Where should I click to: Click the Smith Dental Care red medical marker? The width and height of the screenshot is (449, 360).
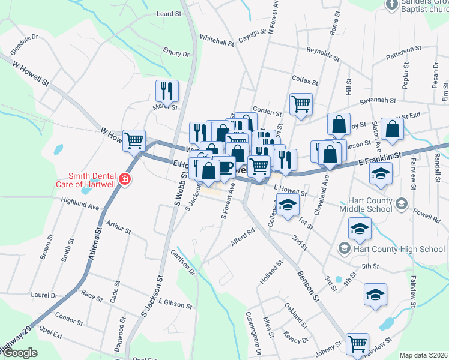click(x=124, y=179)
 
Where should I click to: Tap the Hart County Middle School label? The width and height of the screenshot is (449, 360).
click(x=366, y=204)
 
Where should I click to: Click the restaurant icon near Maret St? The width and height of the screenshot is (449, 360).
click(x=167, y=91)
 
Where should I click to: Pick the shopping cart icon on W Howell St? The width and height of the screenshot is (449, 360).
click(x=134, y=140)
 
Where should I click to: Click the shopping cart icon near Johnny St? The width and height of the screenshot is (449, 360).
click(x=357, y=343)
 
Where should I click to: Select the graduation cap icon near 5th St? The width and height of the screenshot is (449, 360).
click(x=375, y=294)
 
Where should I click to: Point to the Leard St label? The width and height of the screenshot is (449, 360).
click(x=169, y=14)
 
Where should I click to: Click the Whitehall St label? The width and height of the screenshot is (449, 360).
click(x=217, y=42)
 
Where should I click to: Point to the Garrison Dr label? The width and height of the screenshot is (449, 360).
click(x=183, y=262)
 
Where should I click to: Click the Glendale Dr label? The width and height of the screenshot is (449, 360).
click(x=24, y=44)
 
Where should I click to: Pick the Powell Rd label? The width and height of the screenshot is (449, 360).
click(x=427, y=216)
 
